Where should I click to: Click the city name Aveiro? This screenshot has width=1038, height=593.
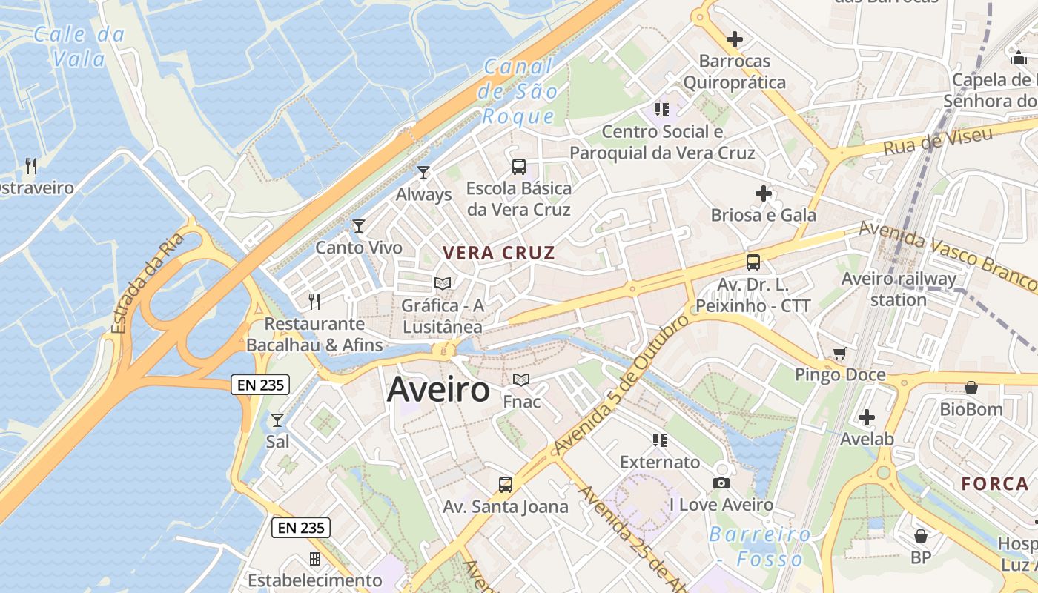point(438,390)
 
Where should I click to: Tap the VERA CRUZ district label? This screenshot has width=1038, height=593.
point(498,253)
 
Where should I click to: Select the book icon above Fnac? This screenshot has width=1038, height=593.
point(521,380)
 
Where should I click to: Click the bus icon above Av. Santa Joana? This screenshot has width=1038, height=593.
point(506,485)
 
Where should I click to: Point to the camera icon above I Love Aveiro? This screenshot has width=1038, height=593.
point(721,483)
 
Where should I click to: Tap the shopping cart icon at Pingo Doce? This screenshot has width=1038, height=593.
point(839,354)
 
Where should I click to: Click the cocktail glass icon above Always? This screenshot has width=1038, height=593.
point(423,173)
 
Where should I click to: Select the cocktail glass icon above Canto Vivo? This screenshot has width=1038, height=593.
point(359,225)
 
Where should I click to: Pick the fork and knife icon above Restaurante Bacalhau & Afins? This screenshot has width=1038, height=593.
point(314,301)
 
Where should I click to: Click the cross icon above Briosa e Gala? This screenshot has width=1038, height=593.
point(763,194)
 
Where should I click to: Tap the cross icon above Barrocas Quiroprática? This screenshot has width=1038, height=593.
point(735,39)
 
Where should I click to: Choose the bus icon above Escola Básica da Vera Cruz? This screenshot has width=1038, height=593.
point(519,167)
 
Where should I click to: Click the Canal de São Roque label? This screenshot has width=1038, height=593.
point(518,91)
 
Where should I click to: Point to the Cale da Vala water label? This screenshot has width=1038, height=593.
point(80,46)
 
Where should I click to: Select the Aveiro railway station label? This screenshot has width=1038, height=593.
point(899,289)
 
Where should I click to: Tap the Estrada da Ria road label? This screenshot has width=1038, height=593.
point(148,285)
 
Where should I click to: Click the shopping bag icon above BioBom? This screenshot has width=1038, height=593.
point(971,388)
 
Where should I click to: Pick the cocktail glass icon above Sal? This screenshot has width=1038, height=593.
point(277,420)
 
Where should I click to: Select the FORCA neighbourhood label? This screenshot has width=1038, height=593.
point(995,484)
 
